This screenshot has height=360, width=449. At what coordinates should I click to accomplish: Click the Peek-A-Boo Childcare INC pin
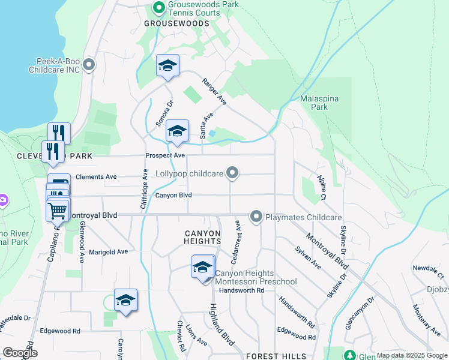[x=89, y=64]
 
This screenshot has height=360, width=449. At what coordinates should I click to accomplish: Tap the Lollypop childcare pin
[x=233, y=174]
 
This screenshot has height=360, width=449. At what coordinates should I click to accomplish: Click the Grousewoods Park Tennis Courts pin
[x=158, y=8]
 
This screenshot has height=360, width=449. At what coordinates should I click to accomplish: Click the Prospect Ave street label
[x=165, y=155]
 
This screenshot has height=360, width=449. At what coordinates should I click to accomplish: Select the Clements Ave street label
[x=95, y=177]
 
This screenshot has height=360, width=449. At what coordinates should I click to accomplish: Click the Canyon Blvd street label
[x=173, y=195]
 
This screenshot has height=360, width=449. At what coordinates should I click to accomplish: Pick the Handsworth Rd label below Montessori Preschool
[x=242, y=290]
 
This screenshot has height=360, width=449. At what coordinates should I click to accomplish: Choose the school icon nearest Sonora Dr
[x=167, y=67]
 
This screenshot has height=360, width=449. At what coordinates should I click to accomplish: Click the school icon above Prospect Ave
[x=177, y=132]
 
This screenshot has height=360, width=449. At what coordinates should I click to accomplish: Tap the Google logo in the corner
[x=20, y=353]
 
